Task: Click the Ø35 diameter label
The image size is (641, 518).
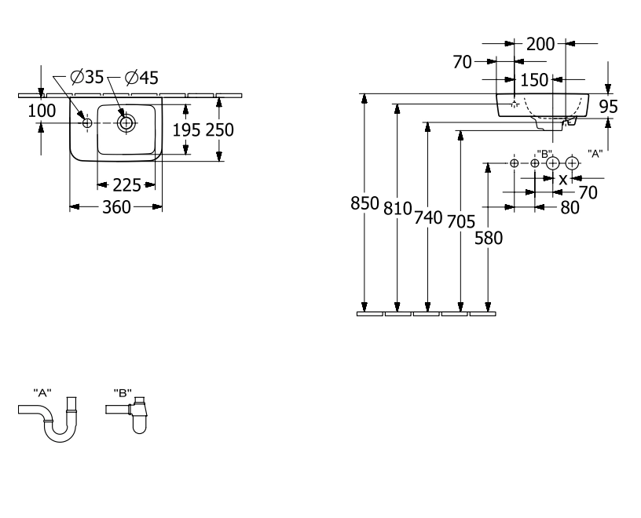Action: click(x=87, y=77)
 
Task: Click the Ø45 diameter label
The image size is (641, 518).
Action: click(x=141, y=78)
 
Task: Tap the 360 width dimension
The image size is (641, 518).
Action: click(x=116, y=207)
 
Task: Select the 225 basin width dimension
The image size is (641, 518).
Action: click(x=126, y=185)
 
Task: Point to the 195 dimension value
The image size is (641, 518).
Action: click(x=186, y=130)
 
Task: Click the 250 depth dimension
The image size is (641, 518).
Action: click(x=219, y=130)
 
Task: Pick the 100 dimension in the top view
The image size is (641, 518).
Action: click(x=42, y=111)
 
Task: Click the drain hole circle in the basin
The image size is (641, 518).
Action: click(x=126, y=123)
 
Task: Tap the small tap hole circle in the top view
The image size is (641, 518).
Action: click(x=87, y=123)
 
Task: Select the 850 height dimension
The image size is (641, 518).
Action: click(x=364, y=203)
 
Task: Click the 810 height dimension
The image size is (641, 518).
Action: click(x=397, y=209)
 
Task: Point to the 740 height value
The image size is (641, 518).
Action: click(x=428, y=217)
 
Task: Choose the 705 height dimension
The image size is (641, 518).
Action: click(x=461, y=222)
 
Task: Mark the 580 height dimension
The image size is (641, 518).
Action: click(x=489, y=238)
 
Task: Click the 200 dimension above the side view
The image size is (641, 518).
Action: click(x=540, y=44)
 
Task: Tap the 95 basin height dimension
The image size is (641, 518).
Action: click(x=608, y=107)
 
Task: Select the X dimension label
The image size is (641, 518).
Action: click(x=563, y=180)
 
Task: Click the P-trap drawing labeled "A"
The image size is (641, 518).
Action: click(x=48, y=419)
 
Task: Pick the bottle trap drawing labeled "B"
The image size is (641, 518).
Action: click(x=126, y=414)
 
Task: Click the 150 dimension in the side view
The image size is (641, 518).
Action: click(x=534, y=80)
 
